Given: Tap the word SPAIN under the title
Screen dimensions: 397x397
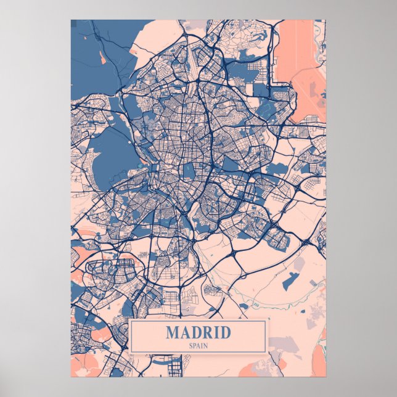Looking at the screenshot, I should coord(198,345).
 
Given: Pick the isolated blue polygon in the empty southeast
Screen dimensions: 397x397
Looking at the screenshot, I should coord(289,280).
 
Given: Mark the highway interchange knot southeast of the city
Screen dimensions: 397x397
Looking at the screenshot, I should coord(235,253).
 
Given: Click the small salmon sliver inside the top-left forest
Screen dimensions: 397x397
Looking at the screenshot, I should coord(101,58).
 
